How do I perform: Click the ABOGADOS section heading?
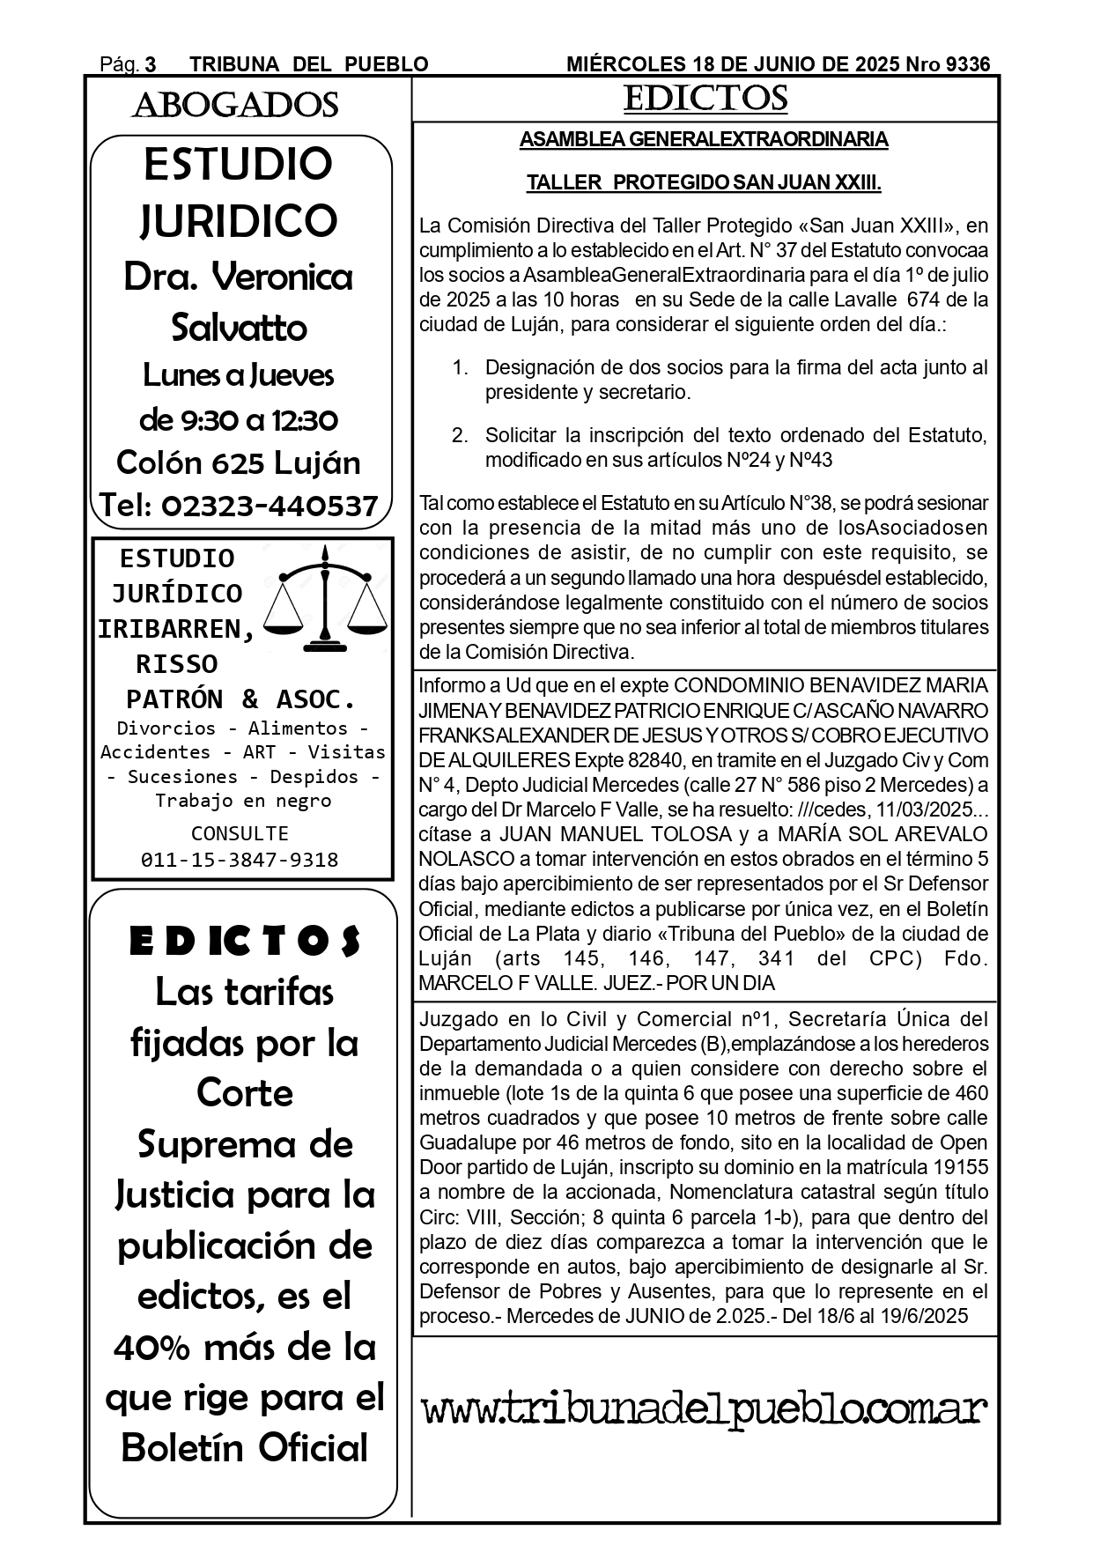235,106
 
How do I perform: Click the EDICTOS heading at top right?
705,99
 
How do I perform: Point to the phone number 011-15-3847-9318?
240,860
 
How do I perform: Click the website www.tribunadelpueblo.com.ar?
705,1410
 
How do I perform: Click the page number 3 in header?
151,64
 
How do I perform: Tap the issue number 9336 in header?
967,64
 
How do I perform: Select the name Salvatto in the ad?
239,328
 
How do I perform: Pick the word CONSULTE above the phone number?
240,833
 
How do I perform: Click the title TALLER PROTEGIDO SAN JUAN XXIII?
704,183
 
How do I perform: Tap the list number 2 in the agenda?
459,435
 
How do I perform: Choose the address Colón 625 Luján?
239,462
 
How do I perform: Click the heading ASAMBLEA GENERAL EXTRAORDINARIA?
704,140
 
